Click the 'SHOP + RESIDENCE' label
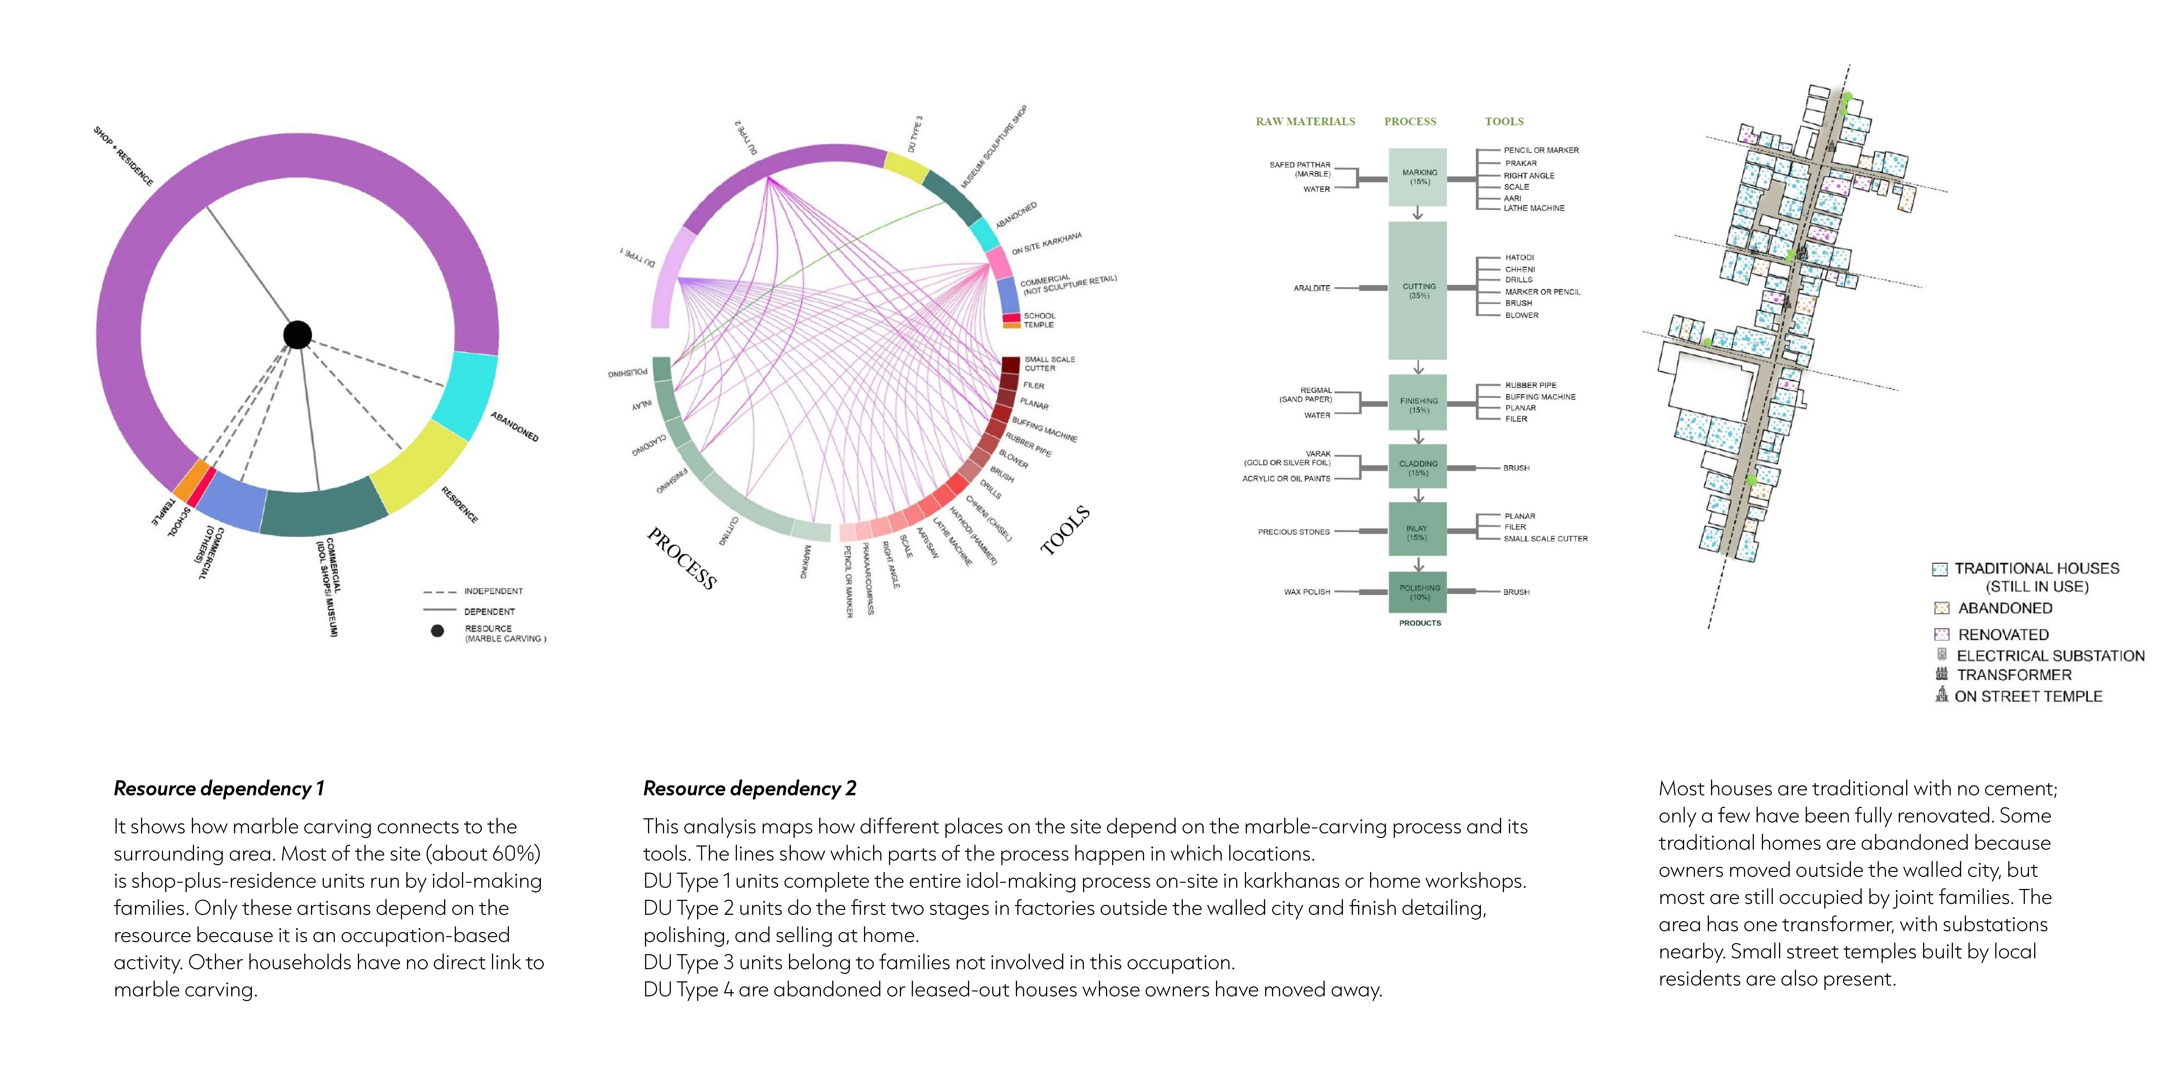pyautogui.click(x=123, y=157)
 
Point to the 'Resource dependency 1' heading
pyautogui.click(x=218, y=788)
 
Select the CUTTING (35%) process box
pyautogui.click(x=1418, y=290)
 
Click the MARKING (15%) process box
pyautogui.click(x=1418, y=177)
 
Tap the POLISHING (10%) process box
pyautogui.click(x=1418, y=592)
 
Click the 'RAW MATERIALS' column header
pyautogui.click(x=1305, y=122)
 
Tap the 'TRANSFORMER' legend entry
pyautogui.click(x=2014, y=675)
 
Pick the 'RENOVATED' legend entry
pyautogui.click(x=2003, y=635)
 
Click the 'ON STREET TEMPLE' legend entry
pyautogui.click(x=2028, y=696)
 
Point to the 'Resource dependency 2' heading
pyautogui.click(x=749, y=788)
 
